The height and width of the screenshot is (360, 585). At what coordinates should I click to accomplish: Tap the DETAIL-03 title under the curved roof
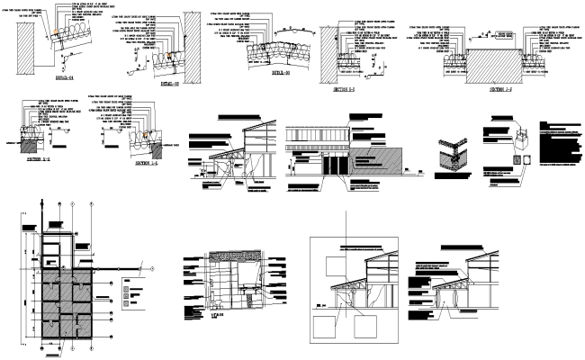tap(283, 70)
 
